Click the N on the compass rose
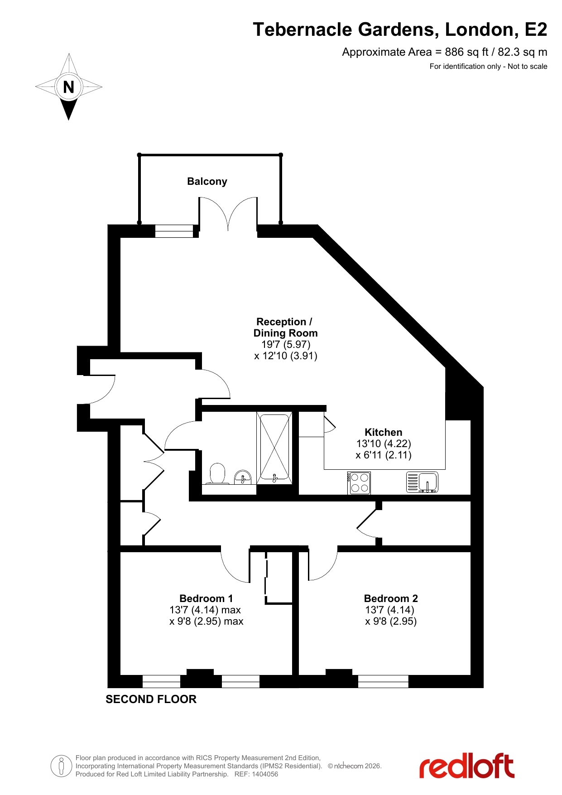pyautogui.click(x=69, y=87)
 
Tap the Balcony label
pyautogui.click(x=207, y=182)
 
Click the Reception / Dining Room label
pyautogui.click(x=285, y=328)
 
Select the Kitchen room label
pyautogui.click(x=384, y=432)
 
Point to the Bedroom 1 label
pyautogui.click(x=206, y=598)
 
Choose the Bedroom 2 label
pyautogui.click(x=391, y=598)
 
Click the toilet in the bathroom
pyautogui.click(x=218, y=473)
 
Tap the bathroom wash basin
pyautogui.click(x=243, y=477)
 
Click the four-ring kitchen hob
pyautogui.click(x=360, y=483)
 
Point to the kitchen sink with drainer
pyautogui.click(x=422, y=482)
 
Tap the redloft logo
pyautogui.click(x=467, y=766)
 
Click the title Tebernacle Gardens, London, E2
pyautogui.click(x=400, y=29)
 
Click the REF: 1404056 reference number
pyautogui.click(x=256, y=774)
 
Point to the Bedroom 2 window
pyautogui.click(x=383, y=681)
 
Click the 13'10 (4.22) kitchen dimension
pyautogui.click(x=384, y=443)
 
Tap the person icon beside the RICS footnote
pyautogui.click(x=61, y=766)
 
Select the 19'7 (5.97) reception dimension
pyautogui.click(x=286, y=344)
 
